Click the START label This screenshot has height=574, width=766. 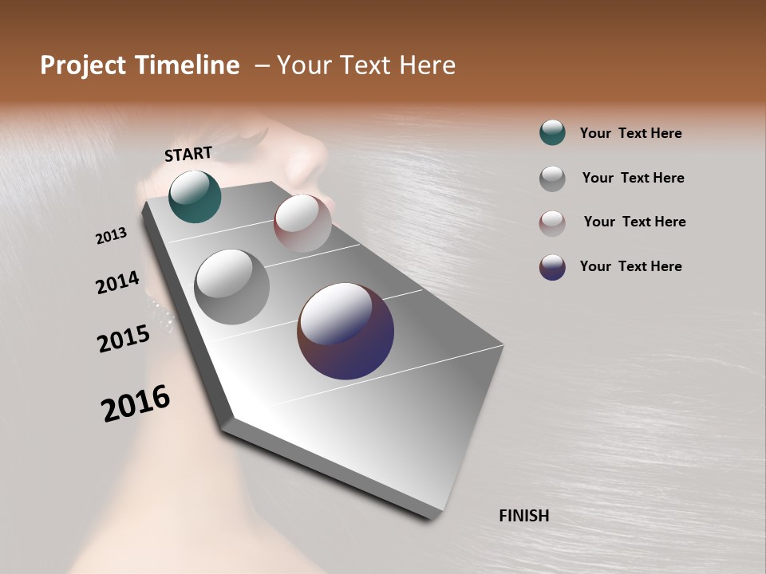(188, 153)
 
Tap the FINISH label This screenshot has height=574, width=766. (523, 516)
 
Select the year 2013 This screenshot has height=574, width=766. (112, 235)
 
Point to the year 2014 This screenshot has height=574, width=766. (117, 282)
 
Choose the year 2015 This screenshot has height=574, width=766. (124, 339)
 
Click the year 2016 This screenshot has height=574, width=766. (136, 403)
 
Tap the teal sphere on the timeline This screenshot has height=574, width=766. (195, 196)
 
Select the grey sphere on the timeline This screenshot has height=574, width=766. (231, 286)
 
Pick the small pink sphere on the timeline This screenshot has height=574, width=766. (302, 223)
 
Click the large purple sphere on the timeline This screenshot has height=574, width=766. (345, 331)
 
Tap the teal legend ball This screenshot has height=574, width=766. (552, 132)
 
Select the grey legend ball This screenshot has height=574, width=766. (552, 179)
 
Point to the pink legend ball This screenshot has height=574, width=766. (552, 223)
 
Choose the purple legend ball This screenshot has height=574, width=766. (552, 267)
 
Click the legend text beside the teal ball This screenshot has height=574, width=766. (630, 134)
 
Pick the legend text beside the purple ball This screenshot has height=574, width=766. (630, 266)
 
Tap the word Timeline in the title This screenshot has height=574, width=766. (188, 65)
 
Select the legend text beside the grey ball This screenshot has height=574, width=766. (633, 178)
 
